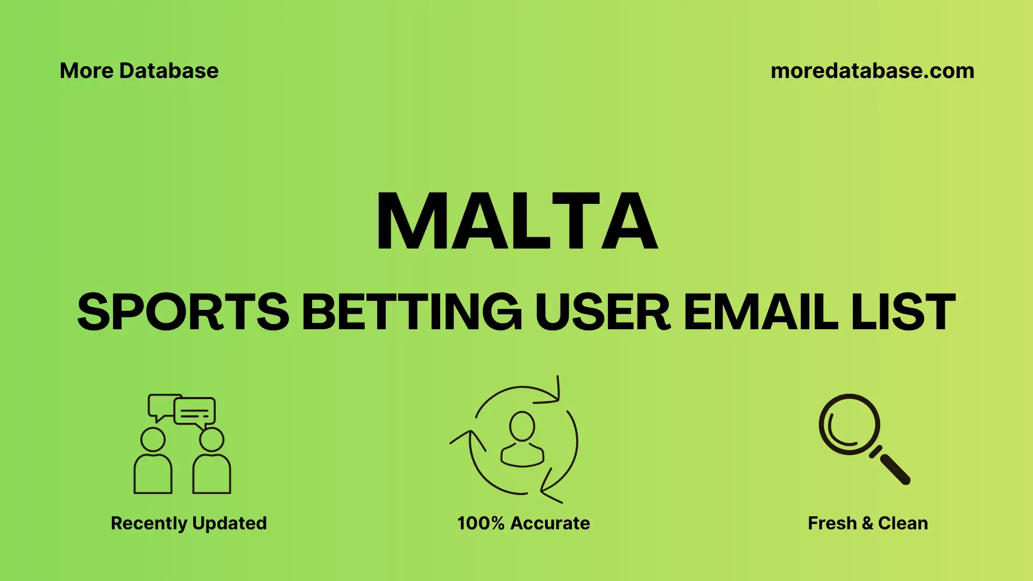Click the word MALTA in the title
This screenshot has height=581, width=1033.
pyautogui.click(x=516, y=221)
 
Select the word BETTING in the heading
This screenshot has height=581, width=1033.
pyautogui.click(x=412, y=311)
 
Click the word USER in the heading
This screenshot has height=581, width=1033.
pyautogui.click(x=603, y=311)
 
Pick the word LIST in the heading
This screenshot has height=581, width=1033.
pyautogui.click(x=903, y=311)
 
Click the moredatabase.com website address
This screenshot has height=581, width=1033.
pyautogui.click(x=872, y=71)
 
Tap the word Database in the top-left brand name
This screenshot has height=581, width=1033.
pyautogui.click(x=169, y=71)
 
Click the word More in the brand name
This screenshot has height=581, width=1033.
pyautogui.click(x=86, y=71)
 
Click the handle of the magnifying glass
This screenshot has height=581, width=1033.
pyautogui.click(x=894, y=469)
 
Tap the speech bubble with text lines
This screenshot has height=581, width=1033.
pyautogui.click(x=195, y=412)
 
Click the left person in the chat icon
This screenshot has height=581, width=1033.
pyautogui.click(x=153, y=463)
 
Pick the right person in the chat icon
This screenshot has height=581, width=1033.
pyautogui.click(x=211, y=463)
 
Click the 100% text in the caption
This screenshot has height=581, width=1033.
pyautogui.click(x=480, y=523)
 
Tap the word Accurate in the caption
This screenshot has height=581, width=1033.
pyautogui.click(x=550, y=523)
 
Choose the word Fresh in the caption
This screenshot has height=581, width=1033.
pyautogui.click(x=832, y=523)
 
